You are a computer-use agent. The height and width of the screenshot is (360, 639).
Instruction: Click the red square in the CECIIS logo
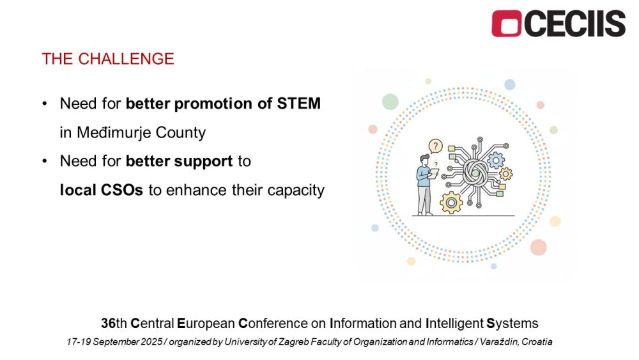point(507,24)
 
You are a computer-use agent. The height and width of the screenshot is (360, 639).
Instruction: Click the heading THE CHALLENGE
point(108,59)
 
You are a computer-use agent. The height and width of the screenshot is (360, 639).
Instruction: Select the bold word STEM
point(298,103)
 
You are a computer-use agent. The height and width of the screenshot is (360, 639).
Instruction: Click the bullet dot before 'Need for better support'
point(45,161)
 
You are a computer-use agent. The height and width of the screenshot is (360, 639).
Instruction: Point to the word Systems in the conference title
point(512,324)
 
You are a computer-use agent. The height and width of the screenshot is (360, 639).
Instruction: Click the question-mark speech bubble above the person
point(436,146)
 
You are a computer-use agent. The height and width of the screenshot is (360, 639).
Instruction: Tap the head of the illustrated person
point(425,159)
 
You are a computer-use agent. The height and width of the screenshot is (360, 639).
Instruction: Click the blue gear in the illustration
point(496,160)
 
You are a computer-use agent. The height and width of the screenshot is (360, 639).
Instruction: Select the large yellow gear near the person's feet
point(451,202)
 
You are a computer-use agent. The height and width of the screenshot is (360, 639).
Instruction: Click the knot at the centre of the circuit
point(475,173)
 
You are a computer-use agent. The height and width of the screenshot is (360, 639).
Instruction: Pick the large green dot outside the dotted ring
point(390,102)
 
